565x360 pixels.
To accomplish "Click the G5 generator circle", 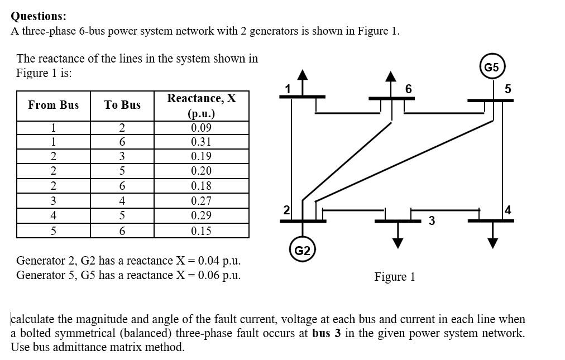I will tap(491, 68).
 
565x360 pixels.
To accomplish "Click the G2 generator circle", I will tap(303, 250).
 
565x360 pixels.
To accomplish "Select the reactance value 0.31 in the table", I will tap(201, 142).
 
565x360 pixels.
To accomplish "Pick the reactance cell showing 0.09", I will tap(201, 128).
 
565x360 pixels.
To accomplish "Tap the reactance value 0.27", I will tap(201, 201).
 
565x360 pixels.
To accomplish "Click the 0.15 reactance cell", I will tap(201, 231).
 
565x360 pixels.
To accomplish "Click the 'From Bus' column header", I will tap(54, 105).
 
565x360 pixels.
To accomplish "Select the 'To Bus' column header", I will tap(122, 105).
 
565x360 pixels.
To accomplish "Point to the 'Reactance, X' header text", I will tap(202, 98).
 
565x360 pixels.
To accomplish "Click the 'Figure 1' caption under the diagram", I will tap(394, 277).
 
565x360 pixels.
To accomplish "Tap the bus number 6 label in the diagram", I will tap(409, 89).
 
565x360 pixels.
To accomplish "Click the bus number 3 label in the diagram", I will tap(431, 220).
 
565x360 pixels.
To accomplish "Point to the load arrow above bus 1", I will tap(302, 80).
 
